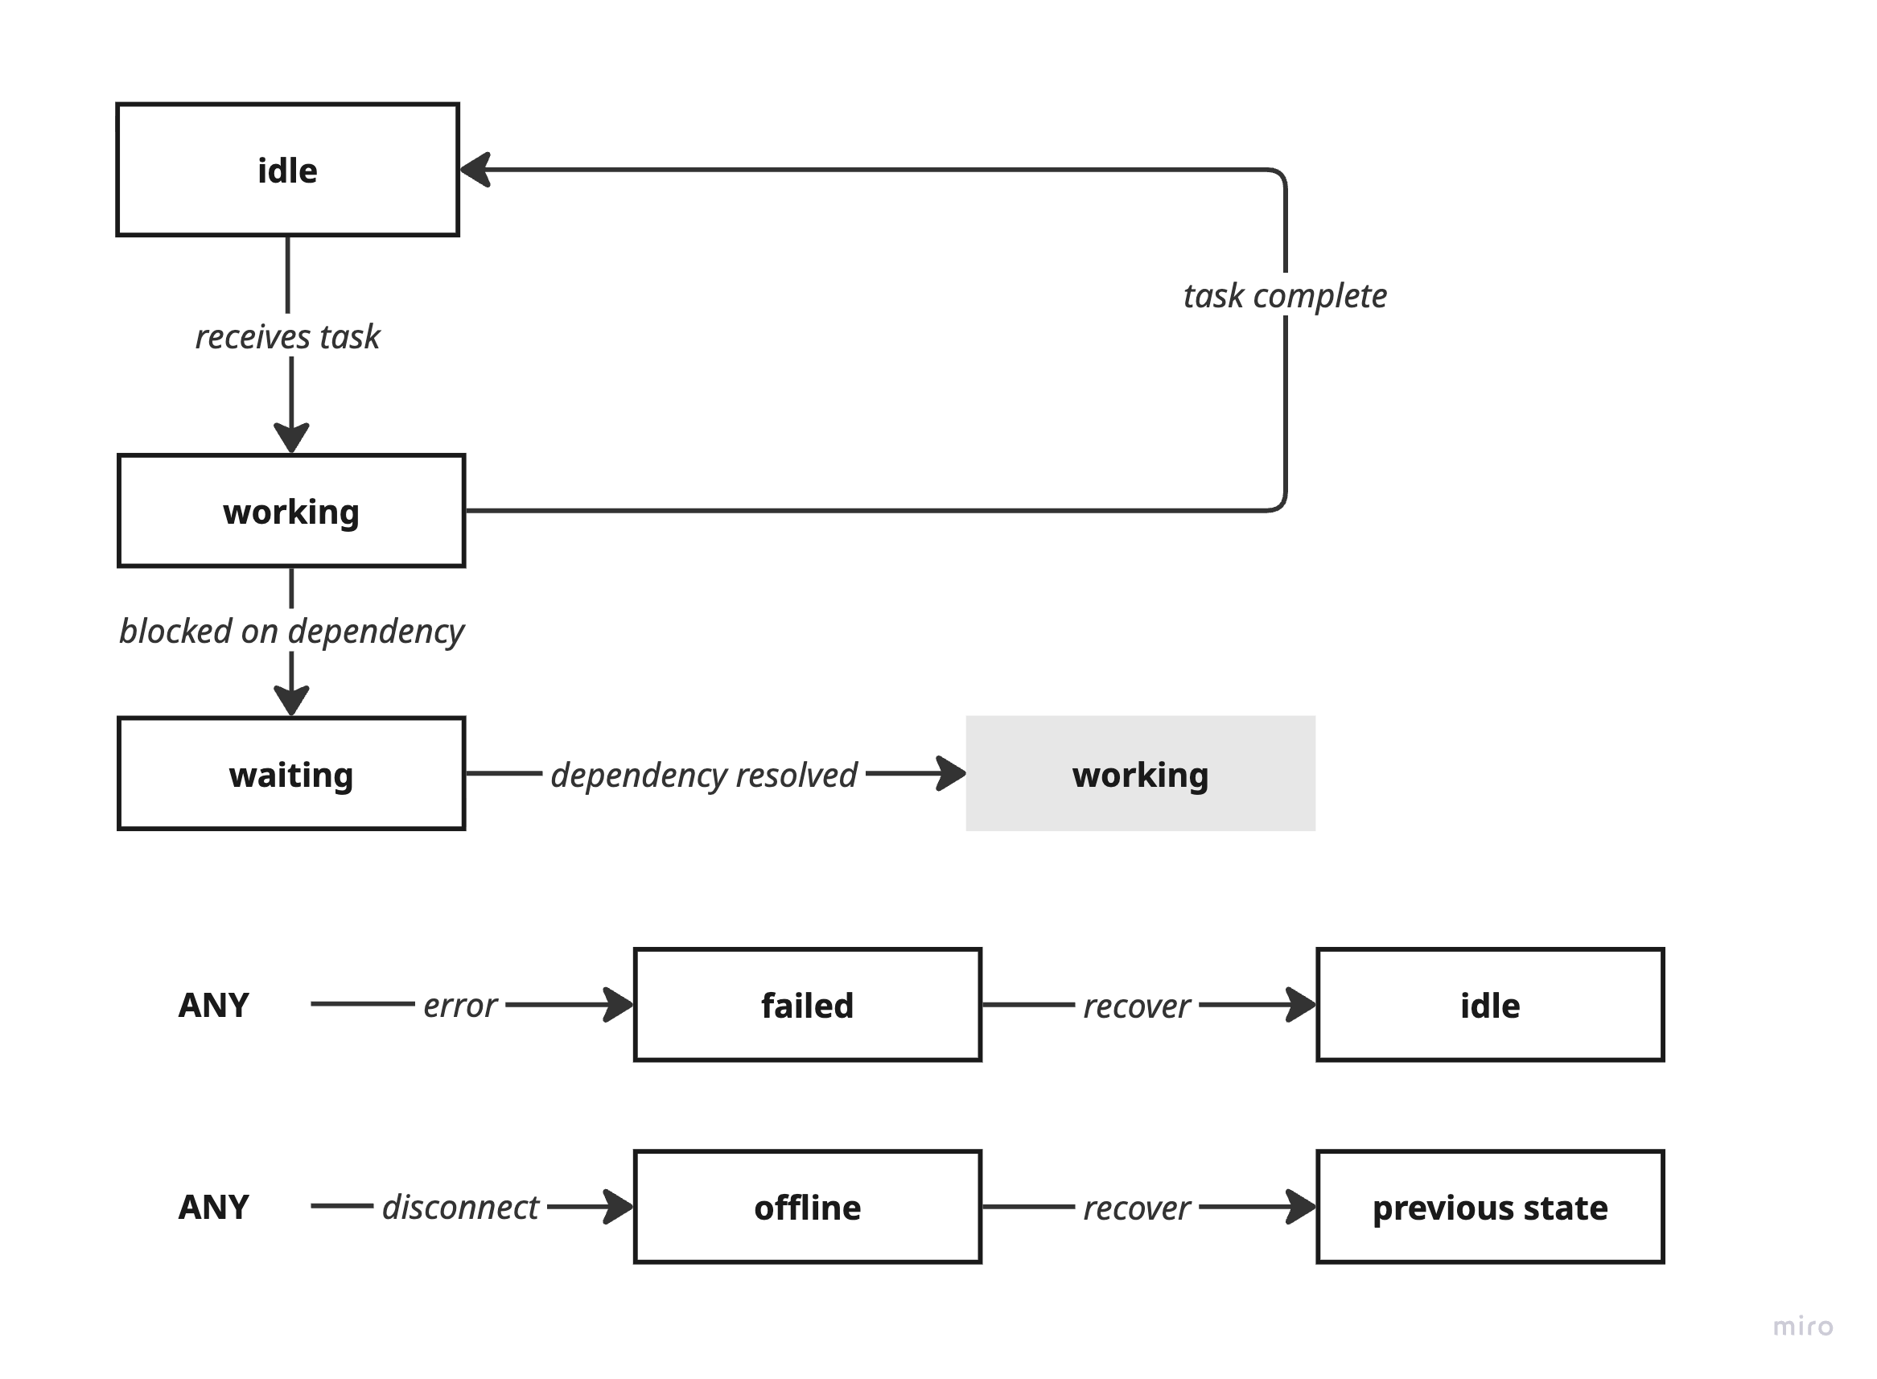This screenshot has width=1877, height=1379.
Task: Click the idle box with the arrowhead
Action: pos(287,170)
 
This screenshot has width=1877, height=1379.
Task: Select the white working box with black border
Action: pos(290,511)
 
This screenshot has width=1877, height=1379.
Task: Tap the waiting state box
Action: pos(290,774)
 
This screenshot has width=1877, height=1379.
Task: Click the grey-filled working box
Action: pos(1140,774)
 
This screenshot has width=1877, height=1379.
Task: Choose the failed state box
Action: pos(807,1005)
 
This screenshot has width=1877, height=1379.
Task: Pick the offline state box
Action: pos(807,1207)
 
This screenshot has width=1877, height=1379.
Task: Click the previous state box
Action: pos(1490,1207)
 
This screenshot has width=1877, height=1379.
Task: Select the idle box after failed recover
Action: pos(1490,1005)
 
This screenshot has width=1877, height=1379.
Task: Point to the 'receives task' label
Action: pos(287,336)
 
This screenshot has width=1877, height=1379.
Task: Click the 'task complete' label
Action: pos(1284,295)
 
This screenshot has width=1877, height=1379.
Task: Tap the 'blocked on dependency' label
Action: pos(290,631)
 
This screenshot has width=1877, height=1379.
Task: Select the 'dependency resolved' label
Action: pos(703,775)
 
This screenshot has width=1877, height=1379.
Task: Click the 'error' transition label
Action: pos(460,1005)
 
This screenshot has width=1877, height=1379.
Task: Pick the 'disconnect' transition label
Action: pos(460,1207)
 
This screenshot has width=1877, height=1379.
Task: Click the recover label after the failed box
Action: pos(1136,1006)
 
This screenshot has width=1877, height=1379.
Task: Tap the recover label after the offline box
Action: pos(1136,1208)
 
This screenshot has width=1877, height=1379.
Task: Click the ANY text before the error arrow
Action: pos(214,1005)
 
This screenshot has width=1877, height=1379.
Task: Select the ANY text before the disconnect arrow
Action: pos(214,1207)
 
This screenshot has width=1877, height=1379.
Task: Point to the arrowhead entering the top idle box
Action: pos(475,170)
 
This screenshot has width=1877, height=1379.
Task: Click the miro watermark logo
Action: pos(1803,1327)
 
